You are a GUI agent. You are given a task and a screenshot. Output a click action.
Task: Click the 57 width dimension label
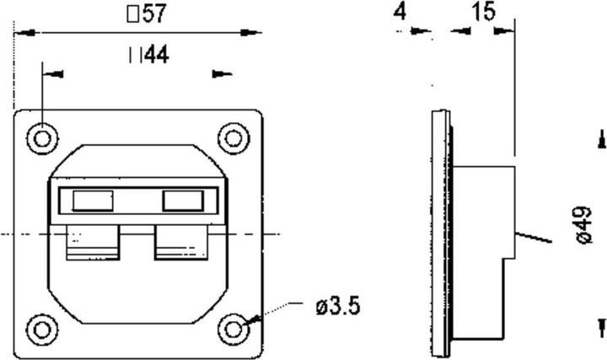[145, 13]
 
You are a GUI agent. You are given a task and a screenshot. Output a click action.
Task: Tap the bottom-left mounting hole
[41, 326]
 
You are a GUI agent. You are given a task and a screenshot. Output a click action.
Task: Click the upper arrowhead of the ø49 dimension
[601, 137]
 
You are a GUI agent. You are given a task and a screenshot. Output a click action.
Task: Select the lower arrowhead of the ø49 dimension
[601, 326]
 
